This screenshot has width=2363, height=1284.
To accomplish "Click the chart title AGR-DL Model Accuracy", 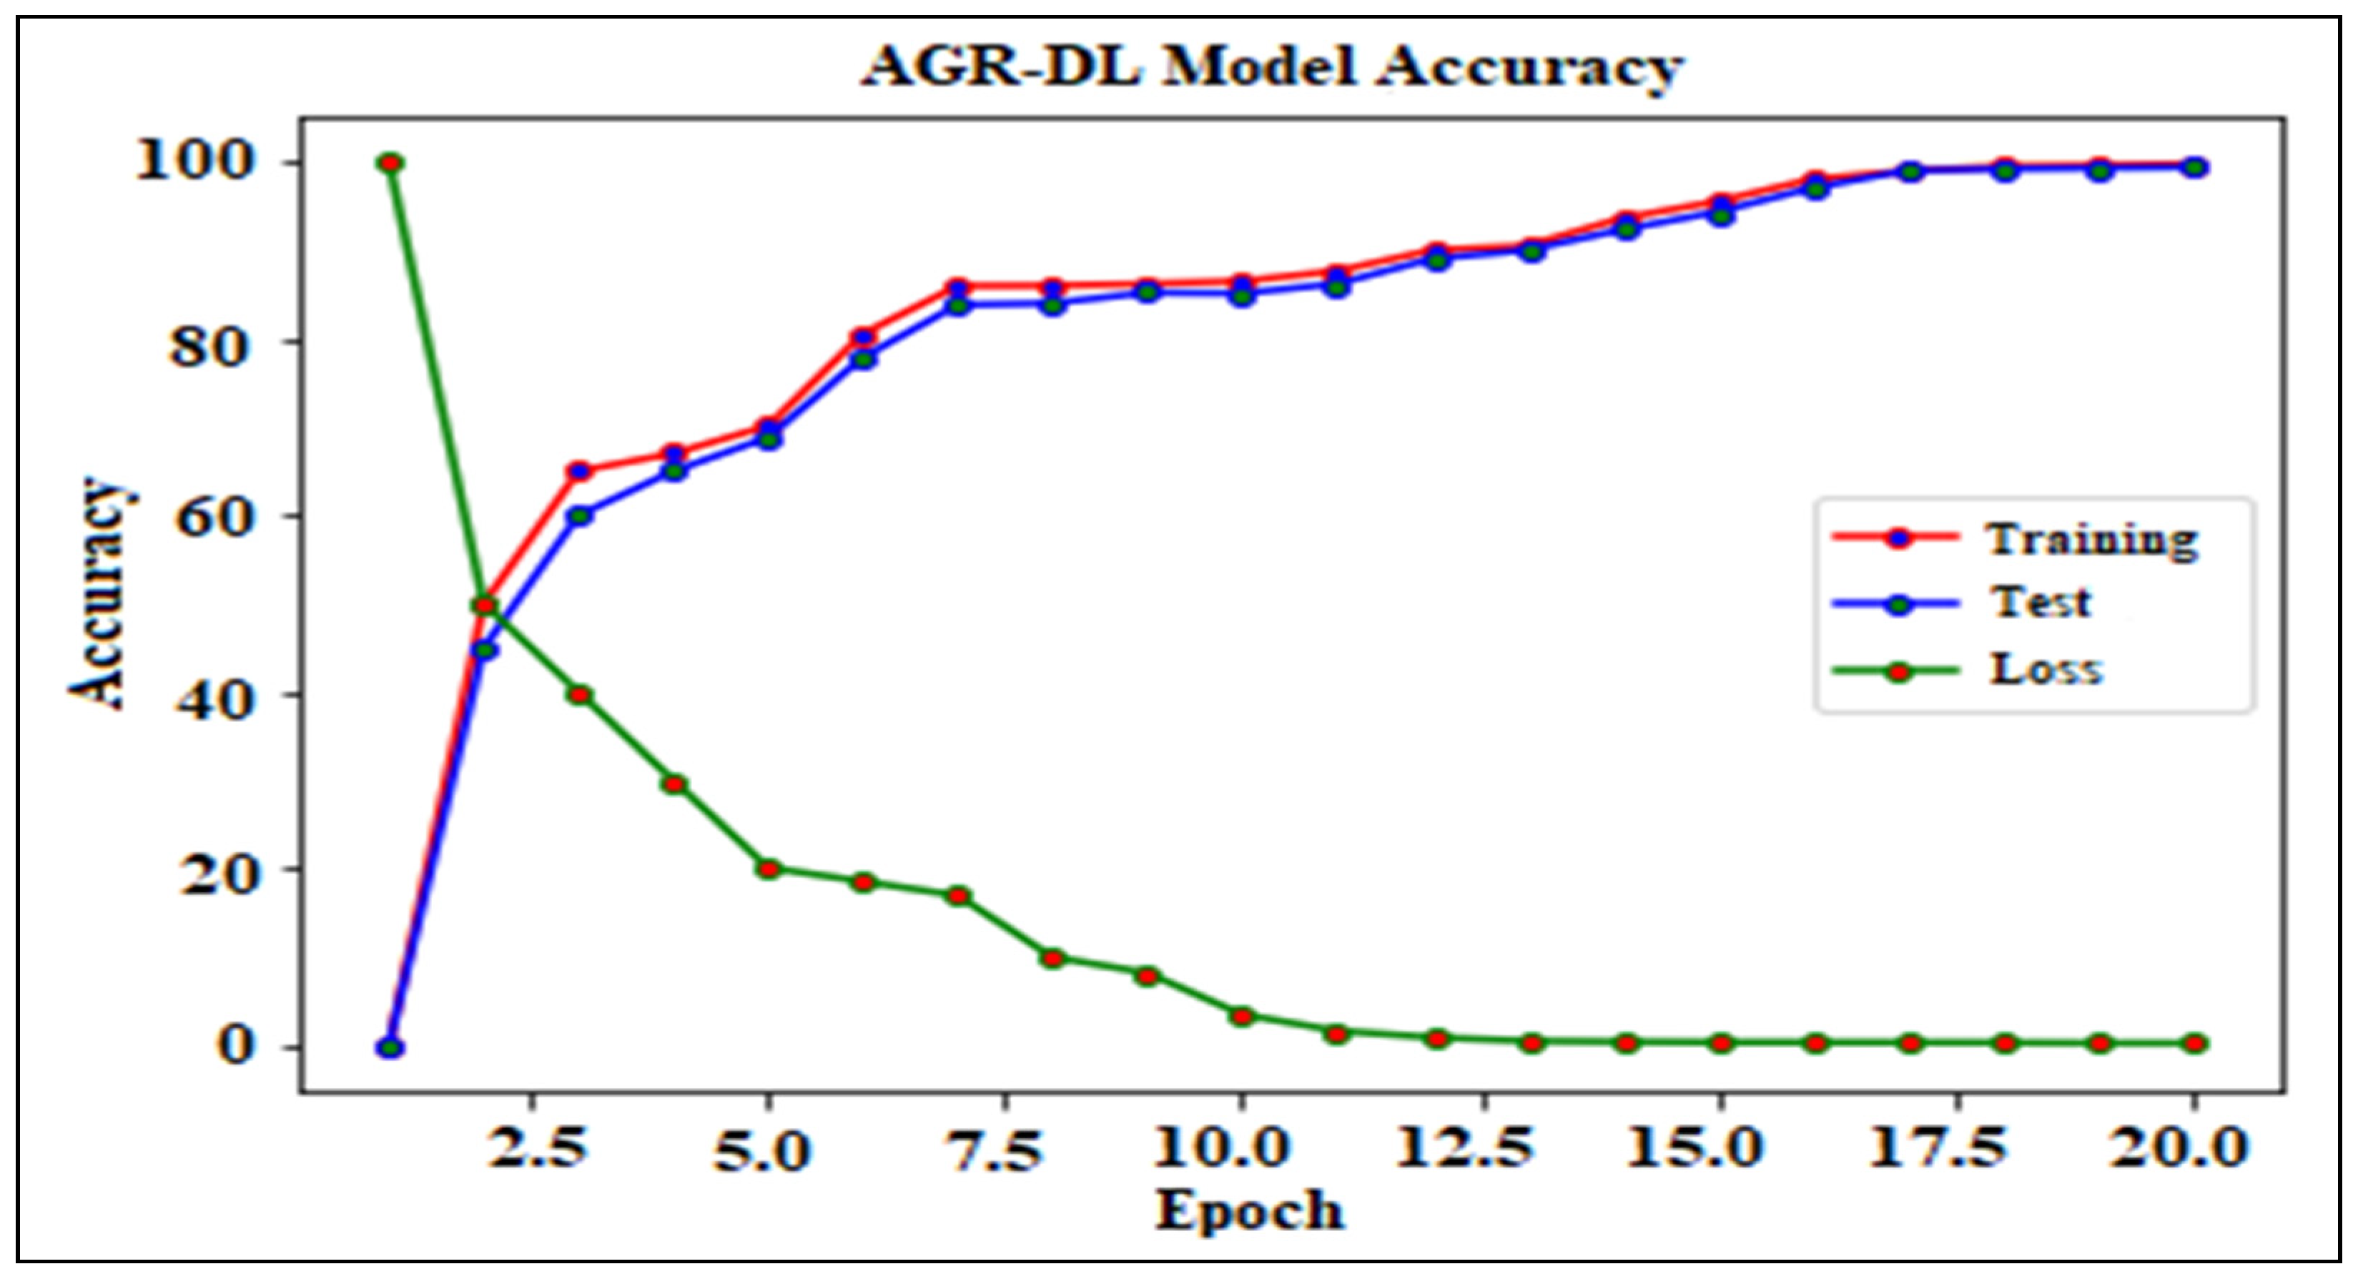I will [1271, 67].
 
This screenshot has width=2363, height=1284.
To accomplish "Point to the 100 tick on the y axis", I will [194, 162].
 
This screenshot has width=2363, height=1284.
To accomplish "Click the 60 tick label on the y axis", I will [210, 516].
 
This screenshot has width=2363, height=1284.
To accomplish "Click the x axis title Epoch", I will [1248, 1210].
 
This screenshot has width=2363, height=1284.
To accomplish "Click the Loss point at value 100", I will [391, 163].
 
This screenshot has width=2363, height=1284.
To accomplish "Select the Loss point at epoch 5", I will [769, 869].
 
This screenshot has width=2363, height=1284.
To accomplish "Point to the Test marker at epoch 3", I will [580, 515].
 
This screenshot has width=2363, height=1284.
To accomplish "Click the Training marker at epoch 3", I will [580, 471].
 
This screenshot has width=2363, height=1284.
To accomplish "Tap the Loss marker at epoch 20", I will [2195, 1043].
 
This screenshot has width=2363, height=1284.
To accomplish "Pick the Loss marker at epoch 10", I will [1242, 1016].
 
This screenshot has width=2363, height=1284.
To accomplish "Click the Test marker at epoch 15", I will [1722, 215].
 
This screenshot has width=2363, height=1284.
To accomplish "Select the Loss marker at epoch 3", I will [580, 694].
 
